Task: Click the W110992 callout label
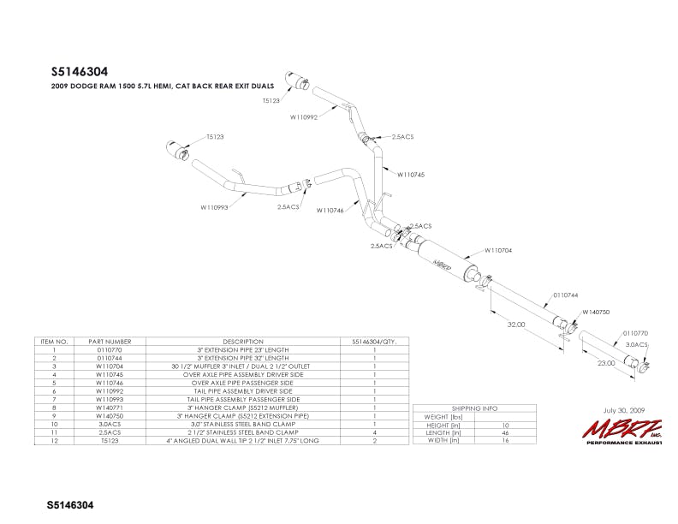click(x=304, y=117)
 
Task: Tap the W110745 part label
click(x=411, y=174)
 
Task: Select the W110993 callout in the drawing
click(x=215, y=206)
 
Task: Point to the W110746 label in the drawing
click(x=330, y=210)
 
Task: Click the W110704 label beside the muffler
click(x=498, y=250)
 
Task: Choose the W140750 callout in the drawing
click(x=596, y=313)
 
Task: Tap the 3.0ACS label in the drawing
click(x=637, y=344)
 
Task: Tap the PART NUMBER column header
click(x=113, y=341)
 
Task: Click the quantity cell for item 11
click(x=375, y=433)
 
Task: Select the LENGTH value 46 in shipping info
click(x=507, y=434)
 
